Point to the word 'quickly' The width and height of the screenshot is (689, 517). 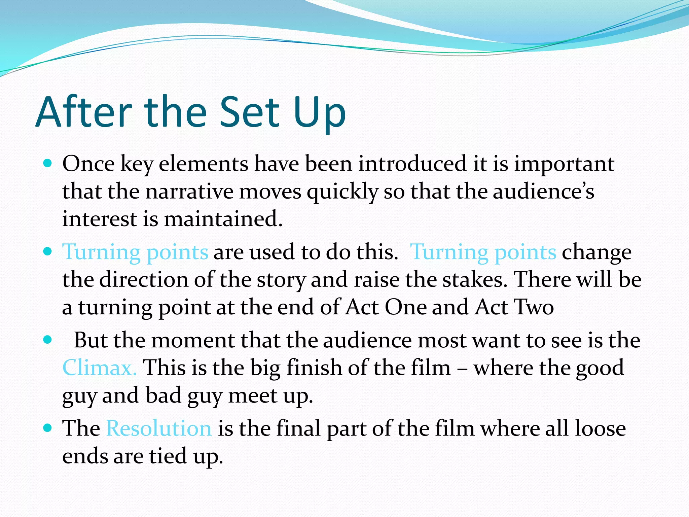(x=342, y=192)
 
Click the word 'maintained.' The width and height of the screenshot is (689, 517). (x=223, y=219)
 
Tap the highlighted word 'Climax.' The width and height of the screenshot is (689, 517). (x=99, y=368)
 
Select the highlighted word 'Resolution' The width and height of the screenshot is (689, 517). (x=159, y=428)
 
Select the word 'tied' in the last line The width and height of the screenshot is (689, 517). (x=168, y=456)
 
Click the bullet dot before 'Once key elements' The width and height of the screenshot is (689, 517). (x=48, y=164)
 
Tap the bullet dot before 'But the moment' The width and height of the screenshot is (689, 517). (x=48, y=340)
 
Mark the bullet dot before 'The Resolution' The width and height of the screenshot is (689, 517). (x=48, y=428)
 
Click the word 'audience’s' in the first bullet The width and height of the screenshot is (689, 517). (x=543, y=192)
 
